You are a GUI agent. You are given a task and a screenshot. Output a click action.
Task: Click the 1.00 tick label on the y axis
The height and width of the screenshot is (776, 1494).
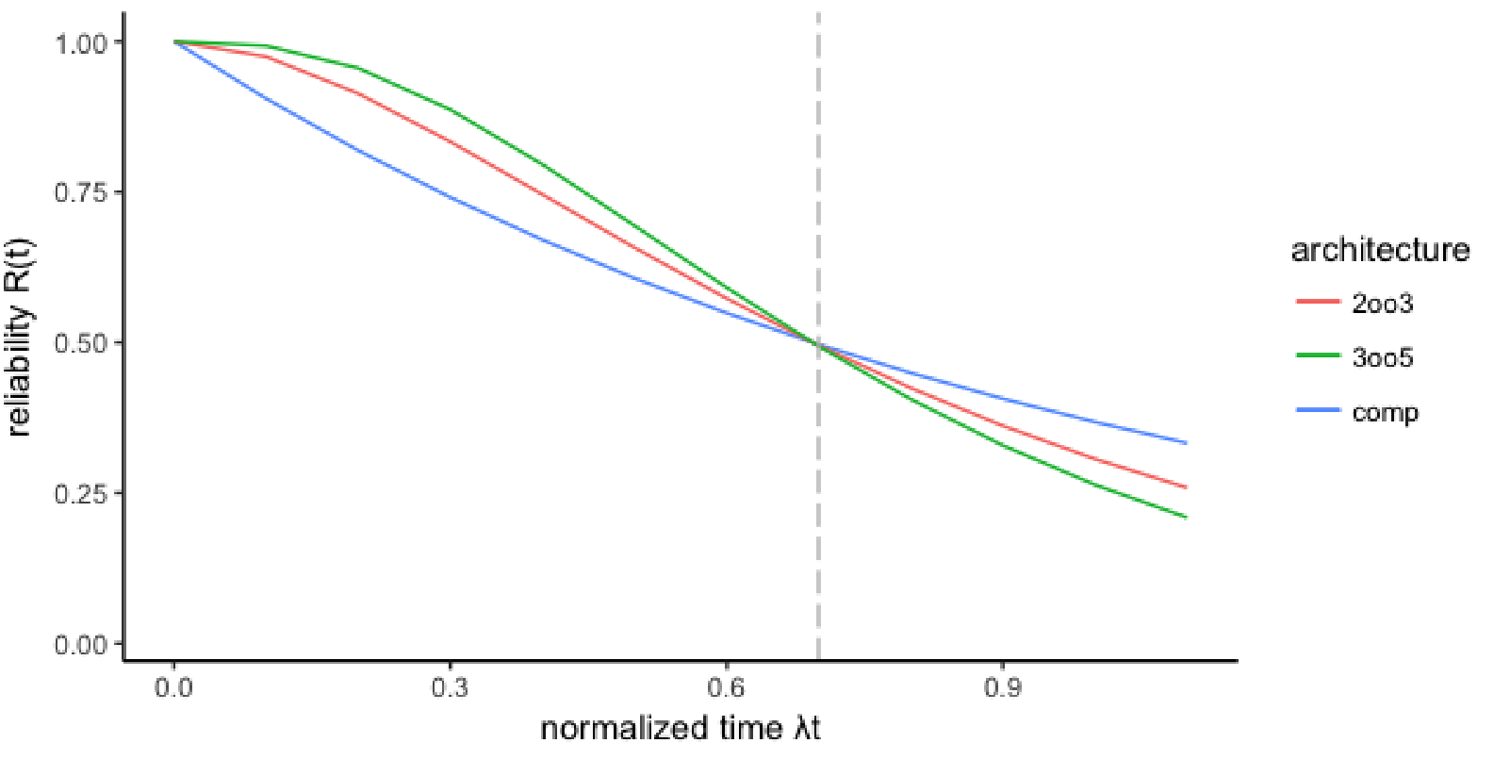(x=82, y=43)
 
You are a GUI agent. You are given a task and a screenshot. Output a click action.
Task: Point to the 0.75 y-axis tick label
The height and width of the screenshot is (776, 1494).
(x=82, y=193)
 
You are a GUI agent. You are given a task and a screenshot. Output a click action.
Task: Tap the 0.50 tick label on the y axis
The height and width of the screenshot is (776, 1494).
(x=82, y=344)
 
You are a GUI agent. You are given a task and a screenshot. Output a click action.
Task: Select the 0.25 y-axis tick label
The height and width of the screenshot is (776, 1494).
(x=82, y=494)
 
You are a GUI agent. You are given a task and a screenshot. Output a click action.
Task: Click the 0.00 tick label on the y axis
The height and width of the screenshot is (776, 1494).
(x=82, y=645)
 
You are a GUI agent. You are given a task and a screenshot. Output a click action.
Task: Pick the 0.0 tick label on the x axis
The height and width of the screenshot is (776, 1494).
(x=173, y=688)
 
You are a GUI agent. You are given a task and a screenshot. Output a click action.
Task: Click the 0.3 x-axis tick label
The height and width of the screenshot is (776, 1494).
(x=450, y=688)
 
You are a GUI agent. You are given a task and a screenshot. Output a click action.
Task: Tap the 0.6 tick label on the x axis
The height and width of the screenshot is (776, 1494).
(x=726, y=688)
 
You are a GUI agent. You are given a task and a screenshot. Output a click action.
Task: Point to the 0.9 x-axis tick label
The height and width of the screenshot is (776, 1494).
(x=1002, y=688)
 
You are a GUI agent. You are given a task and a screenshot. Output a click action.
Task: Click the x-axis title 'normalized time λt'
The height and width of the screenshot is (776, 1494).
(x=680, y=729)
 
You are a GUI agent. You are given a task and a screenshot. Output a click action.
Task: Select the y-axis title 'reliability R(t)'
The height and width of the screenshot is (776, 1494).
(x=21, y=337)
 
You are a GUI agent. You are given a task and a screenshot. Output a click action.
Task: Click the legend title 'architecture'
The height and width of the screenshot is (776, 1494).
(x=1380, y=250)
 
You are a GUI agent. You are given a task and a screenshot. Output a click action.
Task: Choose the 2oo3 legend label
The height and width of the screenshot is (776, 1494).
(x=1383, y=304)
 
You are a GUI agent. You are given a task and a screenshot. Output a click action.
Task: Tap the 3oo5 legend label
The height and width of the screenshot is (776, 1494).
(x=1383, y=358)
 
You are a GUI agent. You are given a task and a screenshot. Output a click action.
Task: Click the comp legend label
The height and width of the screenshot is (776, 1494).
(x=1385, y=413)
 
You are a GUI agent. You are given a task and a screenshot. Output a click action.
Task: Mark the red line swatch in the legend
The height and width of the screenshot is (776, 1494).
(x=1318, y=302)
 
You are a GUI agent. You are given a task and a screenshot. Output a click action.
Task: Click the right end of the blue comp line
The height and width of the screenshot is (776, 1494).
(x=1186, y=442)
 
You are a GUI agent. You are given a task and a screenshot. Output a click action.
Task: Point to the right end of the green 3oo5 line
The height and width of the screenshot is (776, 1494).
(x=1186, y=517)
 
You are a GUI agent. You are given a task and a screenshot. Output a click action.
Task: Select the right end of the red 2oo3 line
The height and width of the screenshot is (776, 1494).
(x=1186, y=487)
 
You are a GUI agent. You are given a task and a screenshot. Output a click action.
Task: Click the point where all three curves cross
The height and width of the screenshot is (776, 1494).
(x=817, y=344)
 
